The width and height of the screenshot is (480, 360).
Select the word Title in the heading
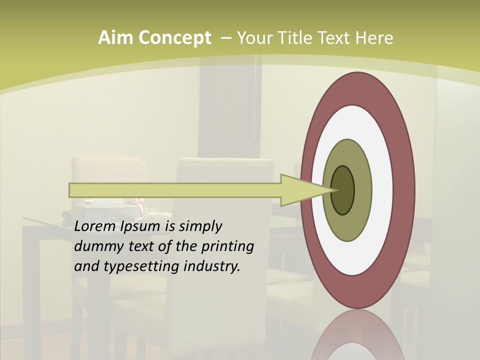288,38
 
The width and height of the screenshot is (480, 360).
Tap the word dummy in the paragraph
93,246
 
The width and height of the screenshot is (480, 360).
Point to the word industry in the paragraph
212,266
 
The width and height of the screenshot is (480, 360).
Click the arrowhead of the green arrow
305,190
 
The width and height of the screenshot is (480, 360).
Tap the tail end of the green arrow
73,190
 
